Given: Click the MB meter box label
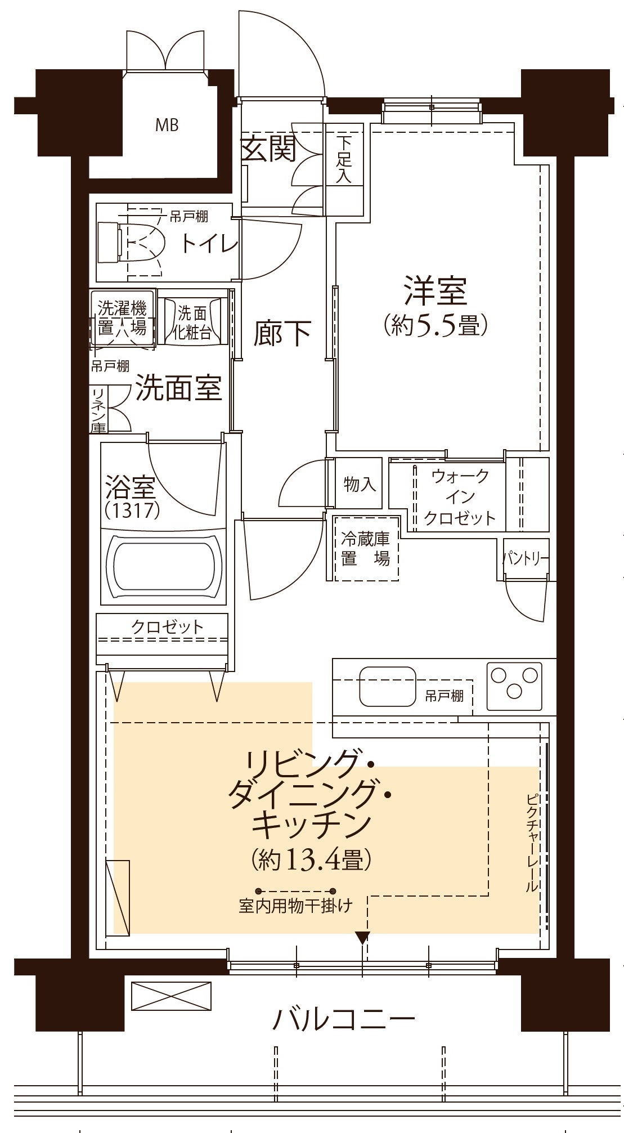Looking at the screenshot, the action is point(167,125).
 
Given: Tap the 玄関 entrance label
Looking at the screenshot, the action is point(268,149).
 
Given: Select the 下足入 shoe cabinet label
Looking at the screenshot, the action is point(344,160).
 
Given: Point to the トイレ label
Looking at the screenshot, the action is point(209,244).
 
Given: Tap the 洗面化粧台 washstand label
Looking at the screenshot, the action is point(192,323).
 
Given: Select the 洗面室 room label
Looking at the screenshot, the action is point(179,388).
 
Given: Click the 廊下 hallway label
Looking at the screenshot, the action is point(282,334).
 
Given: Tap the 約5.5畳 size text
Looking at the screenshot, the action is point(435,326).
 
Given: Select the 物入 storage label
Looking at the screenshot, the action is point(360,483).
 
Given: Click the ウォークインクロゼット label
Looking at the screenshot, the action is point(460,497).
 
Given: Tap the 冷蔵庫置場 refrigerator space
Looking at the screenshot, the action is point(366,549).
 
